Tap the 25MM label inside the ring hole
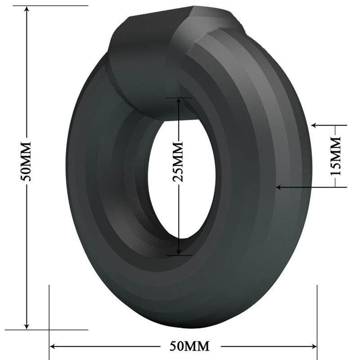[179, 161]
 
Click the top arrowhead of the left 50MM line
[27, 10]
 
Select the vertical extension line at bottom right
[318, 315]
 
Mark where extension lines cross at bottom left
[49, 330]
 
